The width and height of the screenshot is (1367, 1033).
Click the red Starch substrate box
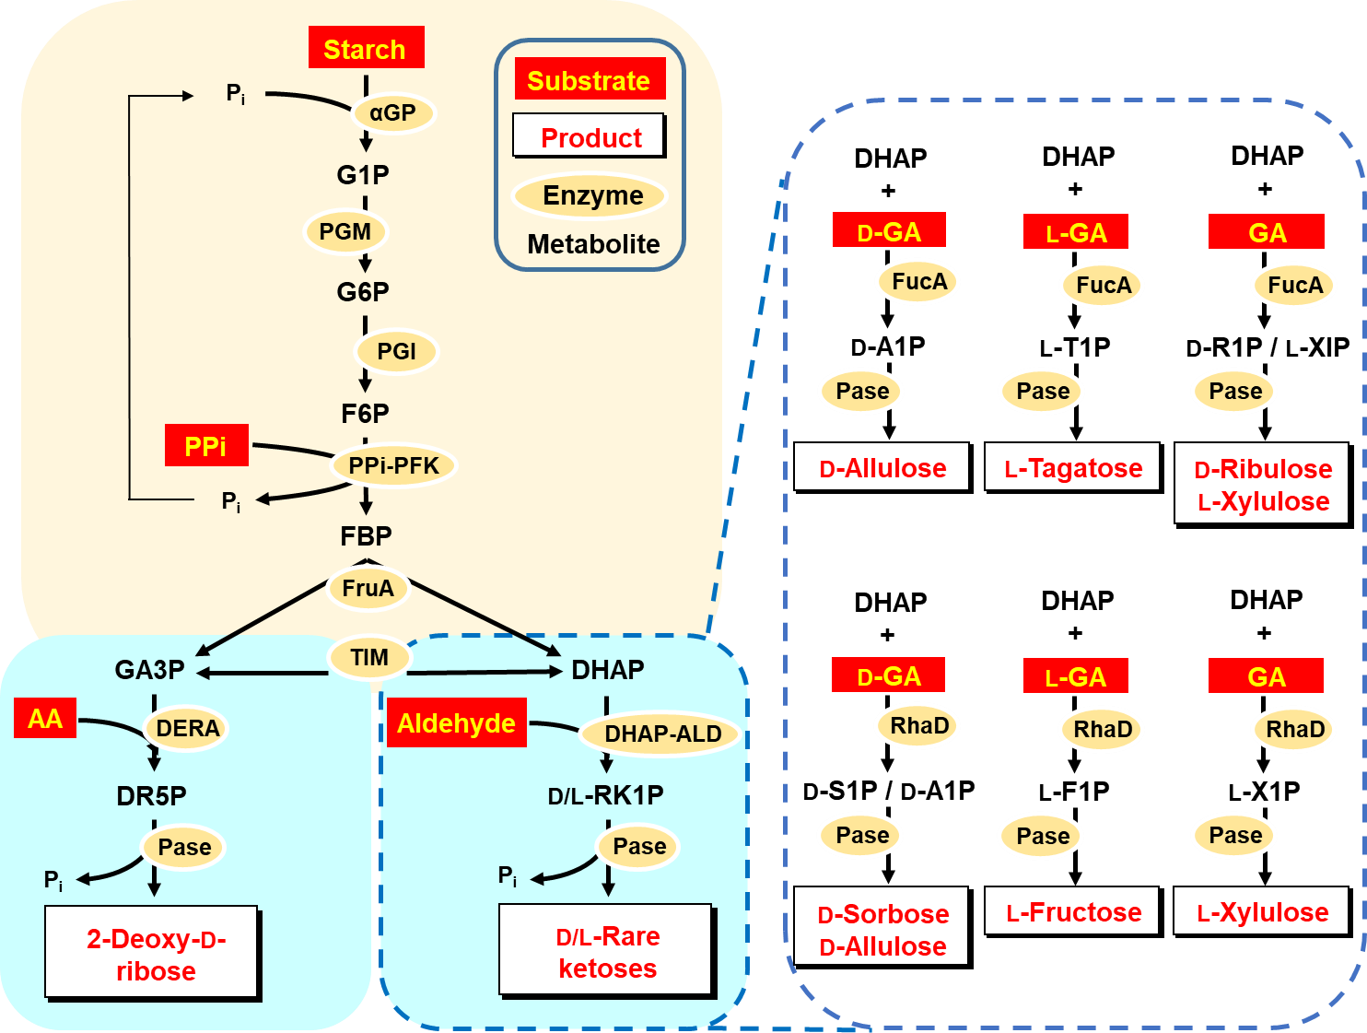click(366, 48)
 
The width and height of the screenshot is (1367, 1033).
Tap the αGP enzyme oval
click(393, 113)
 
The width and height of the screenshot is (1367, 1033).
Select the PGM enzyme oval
click(345, 231)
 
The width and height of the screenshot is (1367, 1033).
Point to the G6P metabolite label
click(363, 292)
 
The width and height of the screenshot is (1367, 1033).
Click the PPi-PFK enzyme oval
click(394, 465)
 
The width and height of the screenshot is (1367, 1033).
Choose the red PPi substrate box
click(206, 446)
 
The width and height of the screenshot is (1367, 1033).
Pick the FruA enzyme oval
click(368, 588)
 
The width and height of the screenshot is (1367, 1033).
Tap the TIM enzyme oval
click(369, 657)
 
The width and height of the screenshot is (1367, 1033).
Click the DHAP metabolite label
click(608, 670)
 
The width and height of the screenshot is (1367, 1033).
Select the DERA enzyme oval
click(188, 729)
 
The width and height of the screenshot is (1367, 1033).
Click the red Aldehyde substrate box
click(456, 723)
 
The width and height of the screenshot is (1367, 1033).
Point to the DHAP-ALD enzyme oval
click(662, 734)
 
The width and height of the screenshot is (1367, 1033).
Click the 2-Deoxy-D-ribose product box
click(154, 955)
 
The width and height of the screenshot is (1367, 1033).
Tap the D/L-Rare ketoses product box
click(608, 952)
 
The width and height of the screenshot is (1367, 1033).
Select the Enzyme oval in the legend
click(591, 195)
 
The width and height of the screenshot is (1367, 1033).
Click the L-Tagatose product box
click(1072, 467)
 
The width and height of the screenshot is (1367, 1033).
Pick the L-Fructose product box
click(1072, 912)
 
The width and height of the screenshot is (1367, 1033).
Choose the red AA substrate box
click(45, 719)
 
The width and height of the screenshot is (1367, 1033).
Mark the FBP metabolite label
click(366, 536)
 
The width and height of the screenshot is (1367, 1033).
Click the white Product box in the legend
click(590, 137)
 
